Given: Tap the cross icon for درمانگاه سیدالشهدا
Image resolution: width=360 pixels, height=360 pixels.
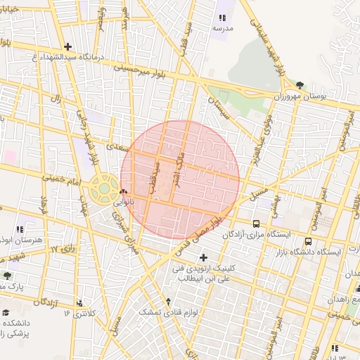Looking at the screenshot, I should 67,47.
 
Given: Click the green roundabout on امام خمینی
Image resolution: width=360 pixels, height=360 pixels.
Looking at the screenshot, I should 105,188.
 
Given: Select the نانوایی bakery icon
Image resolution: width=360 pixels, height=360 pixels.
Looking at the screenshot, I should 124,191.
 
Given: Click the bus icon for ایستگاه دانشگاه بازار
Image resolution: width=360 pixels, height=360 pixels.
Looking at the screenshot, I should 308,242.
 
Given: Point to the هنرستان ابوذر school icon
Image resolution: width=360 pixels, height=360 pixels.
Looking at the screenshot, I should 20,229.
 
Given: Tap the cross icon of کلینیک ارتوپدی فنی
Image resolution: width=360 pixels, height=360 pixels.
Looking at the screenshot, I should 204,257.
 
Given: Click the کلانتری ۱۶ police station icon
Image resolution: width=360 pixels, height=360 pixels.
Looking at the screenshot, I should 79,303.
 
